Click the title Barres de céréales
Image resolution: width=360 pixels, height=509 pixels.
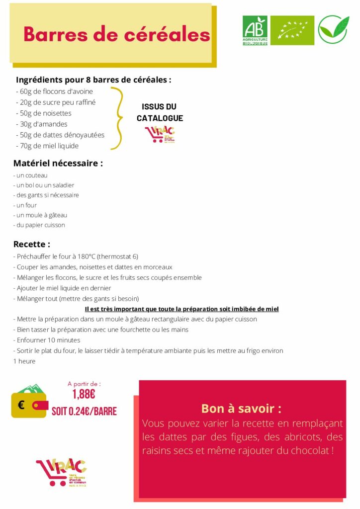pyautogui.click(x=116, y=34)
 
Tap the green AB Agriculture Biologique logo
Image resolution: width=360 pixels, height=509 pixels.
pyautogui.click(x=255, y=30)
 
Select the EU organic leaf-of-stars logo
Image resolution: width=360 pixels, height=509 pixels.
pyautogui.click(x=292, y=30)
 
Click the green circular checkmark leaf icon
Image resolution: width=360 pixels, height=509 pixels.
pyautogui.click(x=333, y=30)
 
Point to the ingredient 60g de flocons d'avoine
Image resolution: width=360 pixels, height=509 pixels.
pyautogui.click(x=55, y=91)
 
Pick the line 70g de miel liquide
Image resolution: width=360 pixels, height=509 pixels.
pyautogui.click(x=47, y=146)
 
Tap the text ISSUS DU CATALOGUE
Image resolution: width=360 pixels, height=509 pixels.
pyautogui.click(x=160, y=112)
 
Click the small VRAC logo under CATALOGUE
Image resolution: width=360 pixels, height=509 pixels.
pyautogui.click(x=160, y=134)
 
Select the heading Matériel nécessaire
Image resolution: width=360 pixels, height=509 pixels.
pyautogui.click(x=58, y=163)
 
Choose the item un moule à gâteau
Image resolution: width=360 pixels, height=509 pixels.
pyautogui.click(x=40, y=215)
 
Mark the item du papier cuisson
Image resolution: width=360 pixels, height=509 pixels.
pyautogui.click(x=39, y=225)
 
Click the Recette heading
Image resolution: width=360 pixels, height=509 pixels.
pyautogui.click(x=32, y=245)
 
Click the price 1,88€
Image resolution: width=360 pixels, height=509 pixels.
pyautogui.click(x=84, y=395)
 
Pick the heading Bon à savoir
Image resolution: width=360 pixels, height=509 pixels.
pyautogui.click(x=241, y=409)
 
